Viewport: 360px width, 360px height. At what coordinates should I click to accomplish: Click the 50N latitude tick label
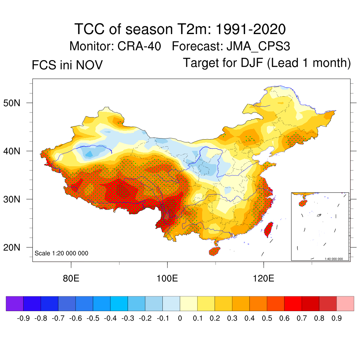point(15,103)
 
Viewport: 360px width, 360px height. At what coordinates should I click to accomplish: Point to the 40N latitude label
point(15,151)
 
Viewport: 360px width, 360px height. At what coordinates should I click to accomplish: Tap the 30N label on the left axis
point(15,199)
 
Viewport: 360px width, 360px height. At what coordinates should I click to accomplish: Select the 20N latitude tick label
point(15,247)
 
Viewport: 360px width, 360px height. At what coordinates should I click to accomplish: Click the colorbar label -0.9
point(23,319)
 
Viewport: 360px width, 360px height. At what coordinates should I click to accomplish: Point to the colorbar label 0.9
point(337,319)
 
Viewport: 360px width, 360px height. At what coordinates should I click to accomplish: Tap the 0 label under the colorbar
point(180,319)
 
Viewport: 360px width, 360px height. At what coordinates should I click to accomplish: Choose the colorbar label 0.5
point(267,319)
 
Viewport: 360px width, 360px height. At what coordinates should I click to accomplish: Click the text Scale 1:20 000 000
point(62,253)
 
